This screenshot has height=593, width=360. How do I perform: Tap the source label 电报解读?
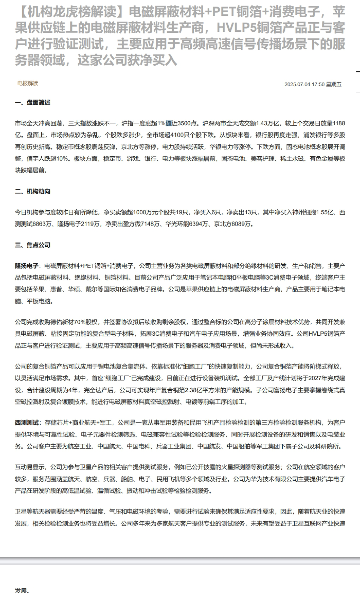28,83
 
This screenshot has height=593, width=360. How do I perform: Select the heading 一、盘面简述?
32,102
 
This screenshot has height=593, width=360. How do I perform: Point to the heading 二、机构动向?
32,191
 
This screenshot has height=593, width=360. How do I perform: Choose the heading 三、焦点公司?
32,245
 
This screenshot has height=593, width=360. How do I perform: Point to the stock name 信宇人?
36,159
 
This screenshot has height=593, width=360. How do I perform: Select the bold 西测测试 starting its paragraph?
26,423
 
